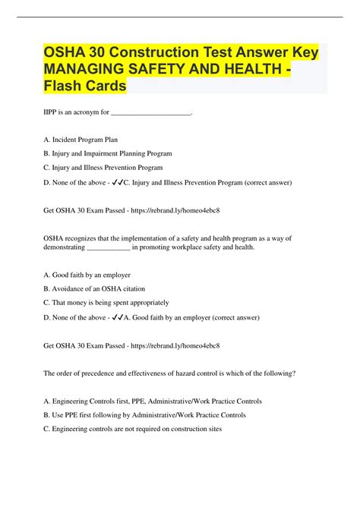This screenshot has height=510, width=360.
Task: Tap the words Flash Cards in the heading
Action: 85,87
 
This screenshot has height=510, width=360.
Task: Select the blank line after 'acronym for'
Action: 150,114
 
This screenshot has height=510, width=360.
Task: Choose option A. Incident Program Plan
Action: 81,140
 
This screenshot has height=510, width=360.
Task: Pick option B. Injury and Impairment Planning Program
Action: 108,153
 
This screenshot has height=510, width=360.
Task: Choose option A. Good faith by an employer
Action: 87,275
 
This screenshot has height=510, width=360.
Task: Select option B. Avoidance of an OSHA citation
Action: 95,288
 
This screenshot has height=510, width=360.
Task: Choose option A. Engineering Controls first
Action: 153,401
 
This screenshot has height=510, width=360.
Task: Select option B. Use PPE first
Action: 145,415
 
